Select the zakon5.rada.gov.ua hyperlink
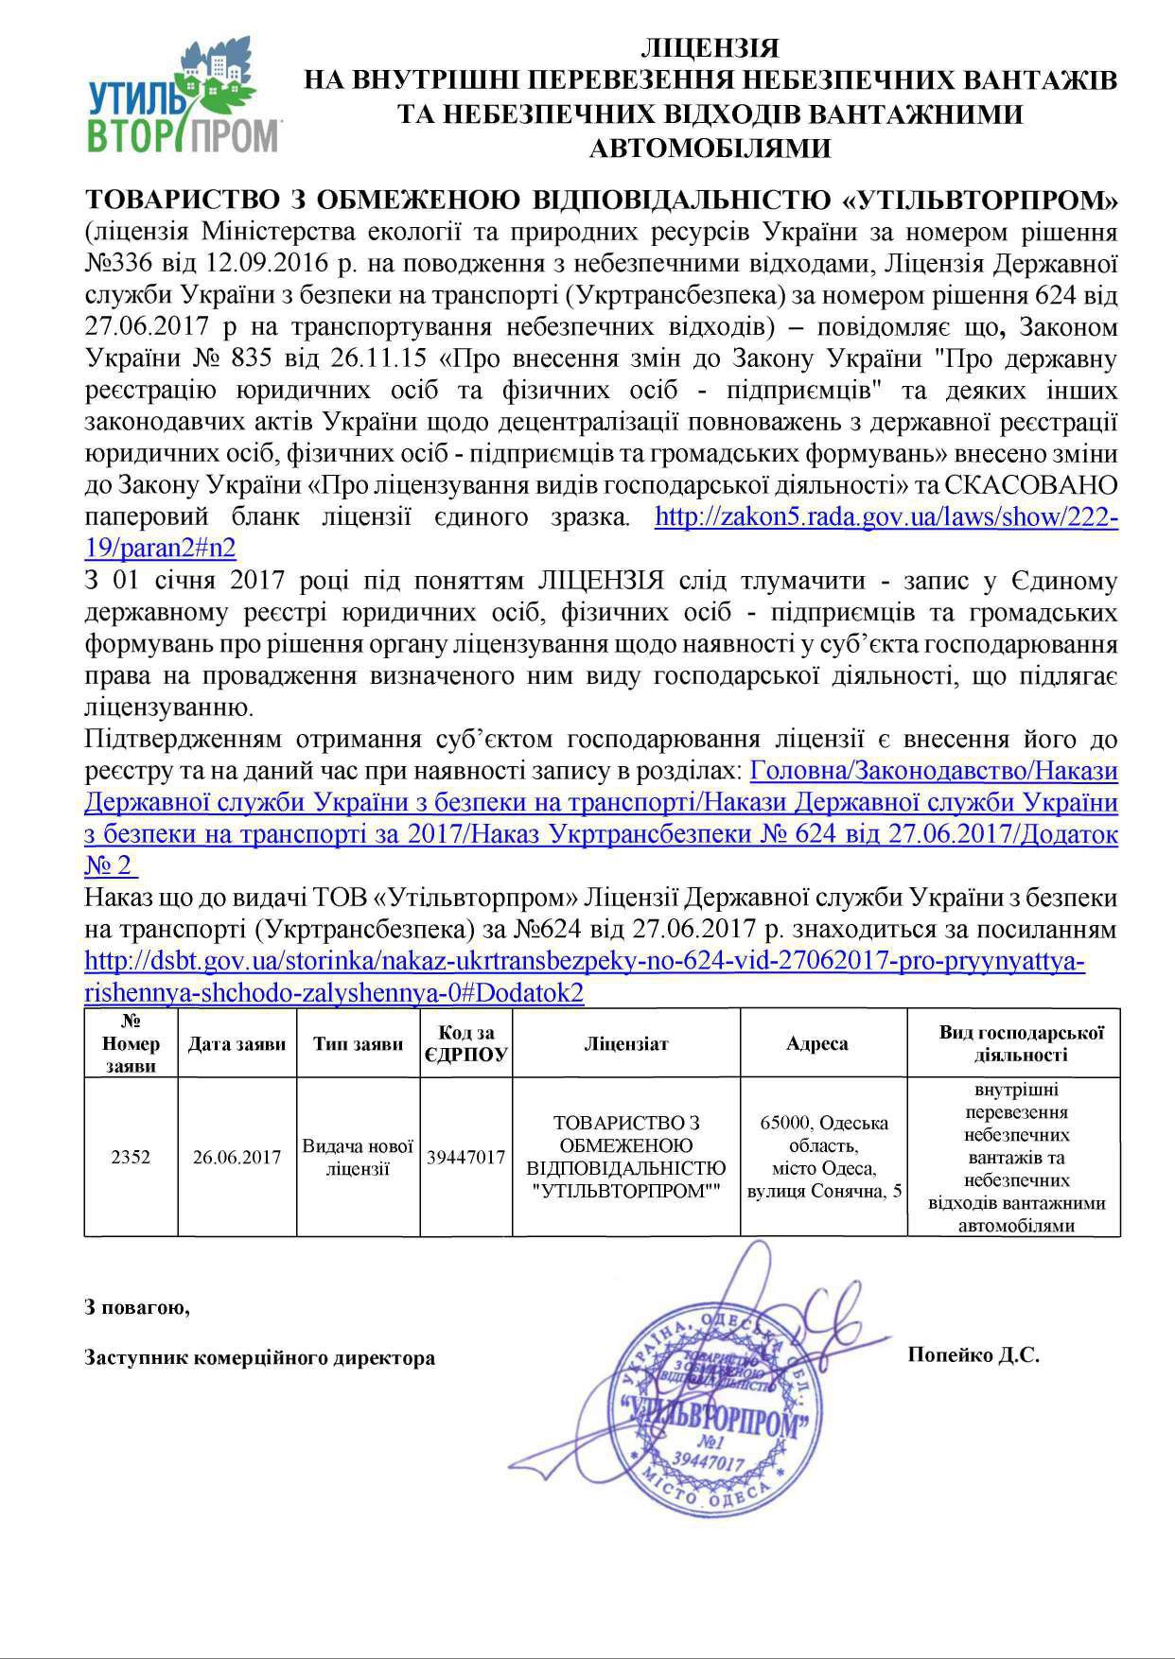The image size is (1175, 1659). point(887,517)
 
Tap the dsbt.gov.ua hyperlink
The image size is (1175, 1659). point(584,962)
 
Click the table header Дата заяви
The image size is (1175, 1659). point(237,1044)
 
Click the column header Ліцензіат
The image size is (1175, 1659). point(625,1044)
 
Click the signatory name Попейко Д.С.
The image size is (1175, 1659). point(973,1355)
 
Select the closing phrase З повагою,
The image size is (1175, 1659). point(137,1308)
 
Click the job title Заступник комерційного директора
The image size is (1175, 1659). point(260,1358)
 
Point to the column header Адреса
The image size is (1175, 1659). point(816,1044)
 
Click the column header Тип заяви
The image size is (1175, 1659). point(358,1044)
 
